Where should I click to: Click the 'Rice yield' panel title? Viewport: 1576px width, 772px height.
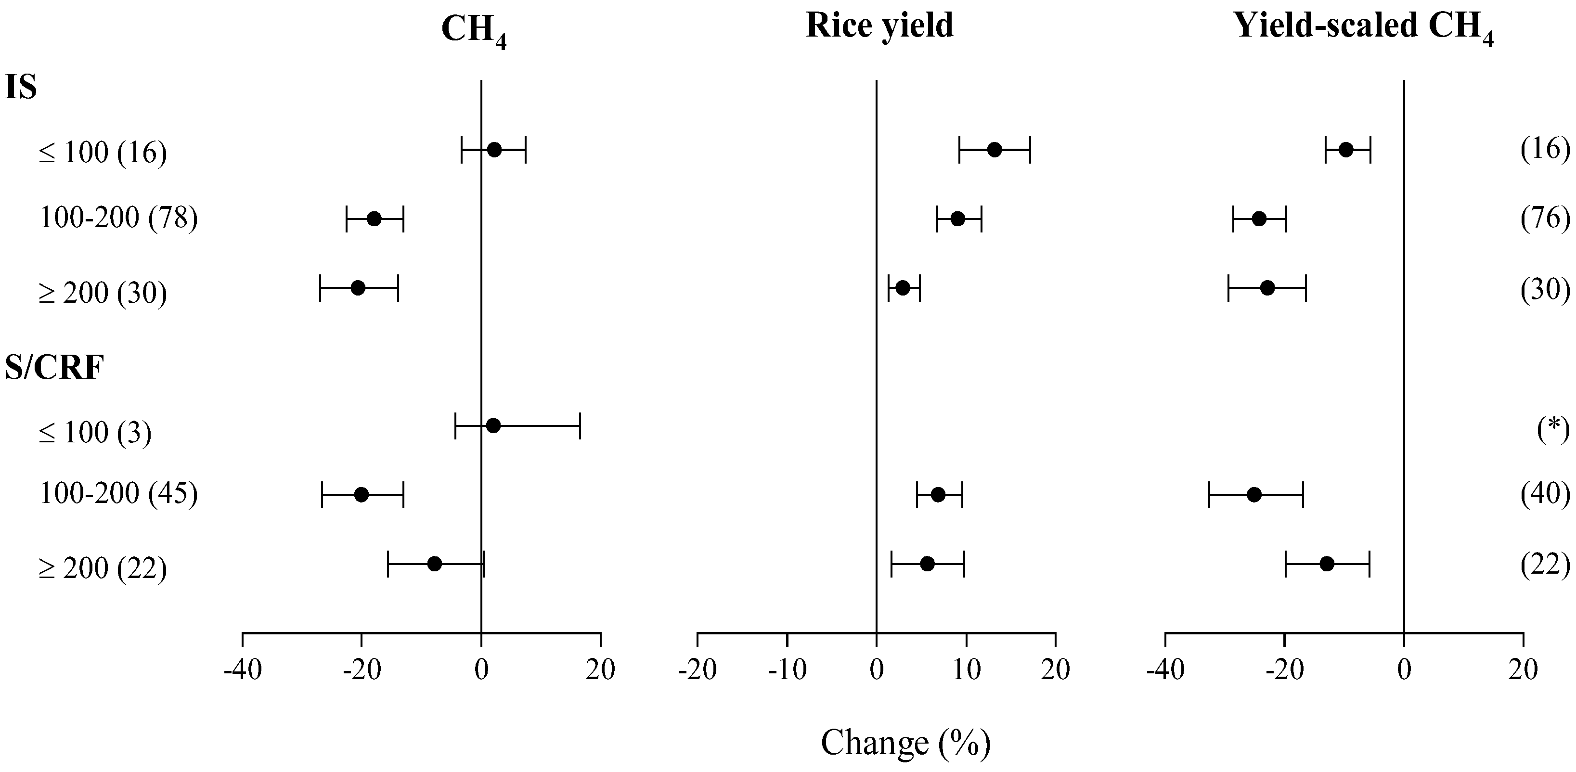879,26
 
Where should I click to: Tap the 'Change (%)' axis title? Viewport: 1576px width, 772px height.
905,743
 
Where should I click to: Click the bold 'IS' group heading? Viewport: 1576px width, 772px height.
21,88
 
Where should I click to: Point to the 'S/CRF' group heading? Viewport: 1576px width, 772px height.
54,368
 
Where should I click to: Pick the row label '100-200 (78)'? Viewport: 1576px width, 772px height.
118,217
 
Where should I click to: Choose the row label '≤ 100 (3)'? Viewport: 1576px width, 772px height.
95,433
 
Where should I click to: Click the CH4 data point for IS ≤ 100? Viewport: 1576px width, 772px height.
494,150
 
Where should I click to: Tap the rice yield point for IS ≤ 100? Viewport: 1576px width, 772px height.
994,150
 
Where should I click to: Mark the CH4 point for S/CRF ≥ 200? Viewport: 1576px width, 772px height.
434,564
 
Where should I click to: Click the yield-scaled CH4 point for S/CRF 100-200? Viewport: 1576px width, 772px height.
1254,494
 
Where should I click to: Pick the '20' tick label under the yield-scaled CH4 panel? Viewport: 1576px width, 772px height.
1523,670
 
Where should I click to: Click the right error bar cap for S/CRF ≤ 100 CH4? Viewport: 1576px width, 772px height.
580,426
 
